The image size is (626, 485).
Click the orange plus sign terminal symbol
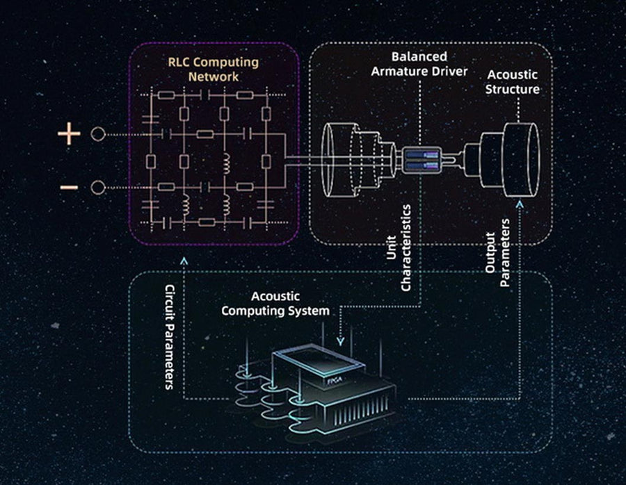click(x=69, y=133)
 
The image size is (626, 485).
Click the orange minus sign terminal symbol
click(x=69, y=188)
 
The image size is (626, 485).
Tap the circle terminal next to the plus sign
click(x=98, y=134)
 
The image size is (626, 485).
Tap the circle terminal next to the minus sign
click(x=98, y=188)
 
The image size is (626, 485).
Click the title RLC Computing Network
click(x=213, y=69)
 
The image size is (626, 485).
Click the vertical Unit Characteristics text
click(x=400, y=247)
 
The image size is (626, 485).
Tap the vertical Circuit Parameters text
click(x=169, y=336)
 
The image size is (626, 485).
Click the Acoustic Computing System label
click(x=275, y=304)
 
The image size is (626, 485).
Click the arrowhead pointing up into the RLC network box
click(x=184, y=260)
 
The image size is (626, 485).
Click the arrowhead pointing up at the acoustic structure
click(x=519, y=203)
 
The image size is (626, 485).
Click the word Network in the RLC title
click(x=214, y=76)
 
